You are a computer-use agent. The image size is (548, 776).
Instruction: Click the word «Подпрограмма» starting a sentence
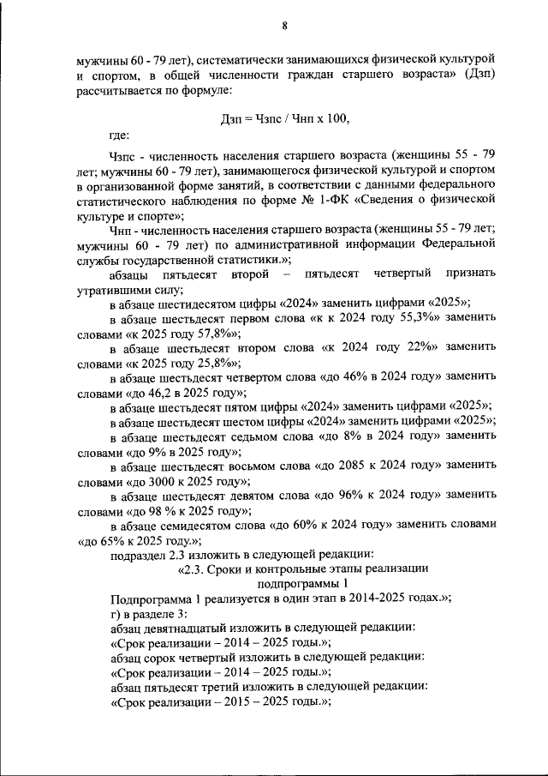tap(152, 599)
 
